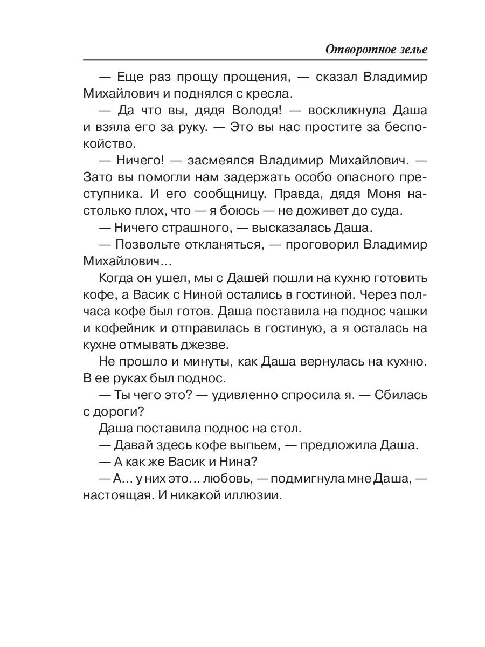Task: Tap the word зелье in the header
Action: (412, 49)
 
